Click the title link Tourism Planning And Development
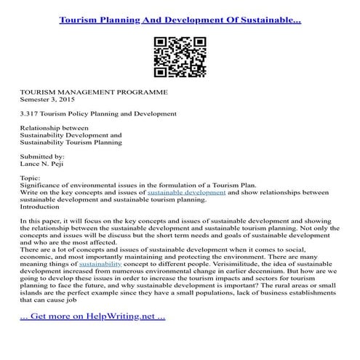pyautogui.click(x=180, y=20)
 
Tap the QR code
pyautogui.click(x=180, y=57)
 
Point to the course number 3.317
pyautogui.click(x=30, y=114)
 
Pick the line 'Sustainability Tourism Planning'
pyautogui.click(x=71, y=143)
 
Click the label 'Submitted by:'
pyautogui.click(x=42, y=156)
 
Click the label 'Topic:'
pyautogui.click(x=31, y=177)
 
